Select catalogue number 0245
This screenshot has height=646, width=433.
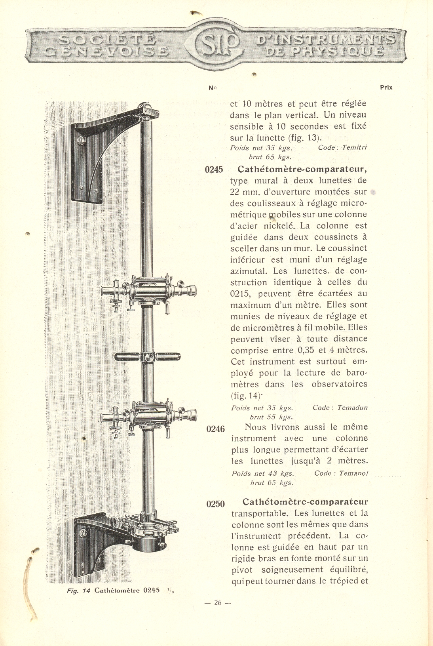tap(214, 170)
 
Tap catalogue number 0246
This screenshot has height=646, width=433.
tap(215, 429)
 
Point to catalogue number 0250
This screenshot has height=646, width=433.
tap(215, 504)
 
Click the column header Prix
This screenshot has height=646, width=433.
tap(386, 88)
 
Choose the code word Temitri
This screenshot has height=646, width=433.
tap(354, 148)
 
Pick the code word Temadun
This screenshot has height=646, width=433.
tap(352, 408)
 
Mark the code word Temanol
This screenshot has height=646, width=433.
tap(353, 473)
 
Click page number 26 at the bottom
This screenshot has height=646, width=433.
tap(217, 603)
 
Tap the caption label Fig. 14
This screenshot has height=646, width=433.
tap(79, 591)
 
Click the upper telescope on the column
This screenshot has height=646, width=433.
tap(148, 293)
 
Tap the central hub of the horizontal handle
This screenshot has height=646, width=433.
tap(148, 357)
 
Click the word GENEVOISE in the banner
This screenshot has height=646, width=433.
tap(106, 51)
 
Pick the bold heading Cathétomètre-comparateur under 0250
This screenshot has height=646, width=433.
tap(305, 502)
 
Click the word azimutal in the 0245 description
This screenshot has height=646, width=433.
tap(249, 271)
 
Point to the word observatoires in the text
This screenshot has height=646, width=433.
tap(339, 384)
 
